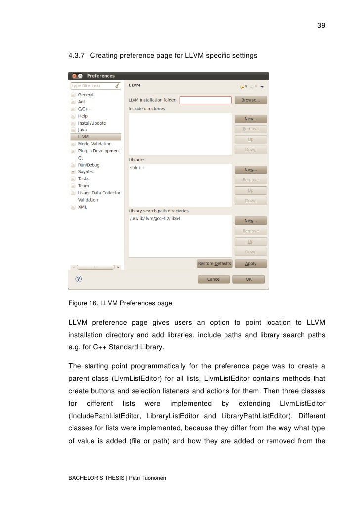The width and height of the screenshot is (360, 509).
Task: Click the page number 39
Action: point(321,26)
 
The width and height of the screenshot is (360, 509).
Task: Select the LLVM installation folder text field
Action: point(205,100)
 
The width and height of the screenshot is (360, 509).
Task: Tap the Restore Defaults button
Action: point(215,263)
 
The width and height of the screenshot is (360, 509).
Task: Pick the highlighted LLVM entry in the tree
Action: point(84,137)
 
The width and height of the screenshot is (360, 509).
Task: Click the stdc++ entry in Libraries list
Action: point(137,168)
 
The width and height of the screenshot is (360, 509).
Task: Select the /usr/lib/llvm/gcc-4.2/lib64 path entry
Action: point(154,219)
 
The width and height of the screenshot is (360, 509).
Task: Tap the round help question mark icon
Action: point(79,279)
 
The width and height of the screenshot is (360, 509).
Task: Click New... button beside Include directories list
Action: point(251,119)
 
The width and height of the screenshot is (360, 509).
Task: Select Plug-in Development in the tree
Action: point(99,151)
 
